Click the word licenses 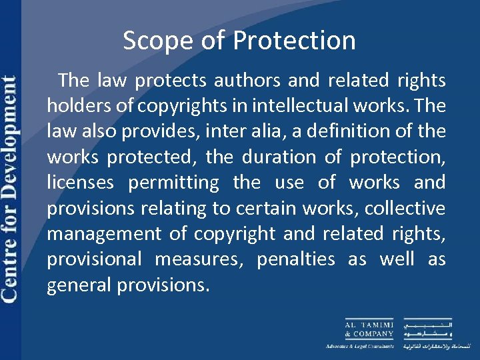(79, 183)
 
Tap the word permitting (174, 183)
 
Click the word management (104, 234)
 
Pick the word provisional (95, 259)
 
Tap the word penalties (296, 259)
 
